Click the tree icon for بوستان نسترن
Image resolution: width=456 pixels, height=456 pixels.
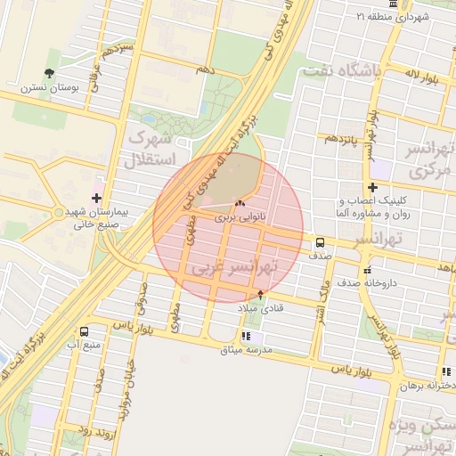48,74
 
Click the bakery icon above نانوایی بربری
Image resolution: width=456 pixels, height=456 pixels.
239,204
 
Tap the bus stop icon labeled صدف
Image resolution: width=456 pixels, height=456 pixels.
319,241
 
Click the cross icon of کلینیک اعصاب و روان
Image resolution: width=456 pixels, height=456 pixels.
373,187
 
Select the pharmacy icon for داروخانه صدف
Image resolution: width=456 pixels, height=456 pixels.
365,270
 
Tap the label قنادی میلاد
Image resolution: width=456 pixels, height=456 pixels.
259,307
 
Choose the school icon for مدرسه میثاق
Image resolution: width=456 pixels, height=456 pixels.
247,337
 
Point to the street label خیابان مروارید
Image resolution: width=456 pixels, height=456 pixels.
127,392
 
